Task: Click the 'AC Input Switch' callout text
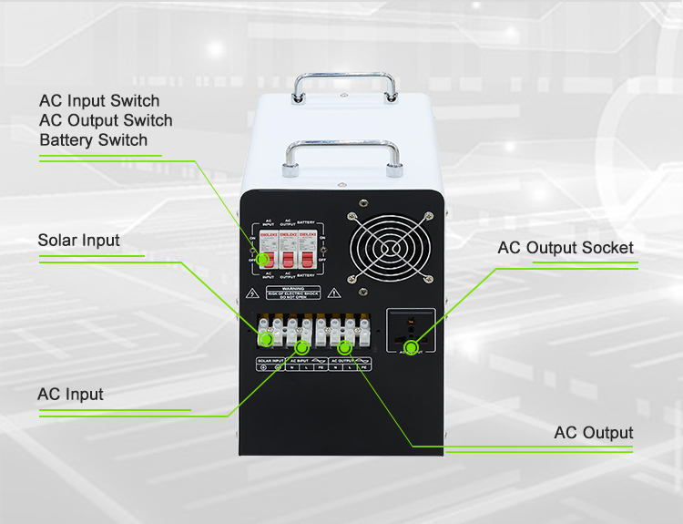[x=99, y=100]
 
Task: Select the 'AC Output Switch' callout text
[x=106, y=120]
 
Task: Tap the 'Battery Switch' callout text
[x=93, y=140]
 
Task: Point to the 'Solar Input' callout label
[x=78, y=241]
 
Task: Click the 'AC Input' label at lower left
[x=70, y=395]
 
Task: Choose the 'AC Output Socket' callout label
[x=565, y=248]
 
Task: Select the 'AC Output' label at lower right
[x=593, y=433]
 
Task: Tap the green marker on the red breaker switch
[x=262, y=260]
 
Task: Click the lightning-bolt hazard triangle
[x=251, y=293]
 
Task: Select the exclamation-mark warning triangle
[x=334, y=293]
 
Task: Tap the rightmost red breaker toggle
[x=306, y=257]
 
